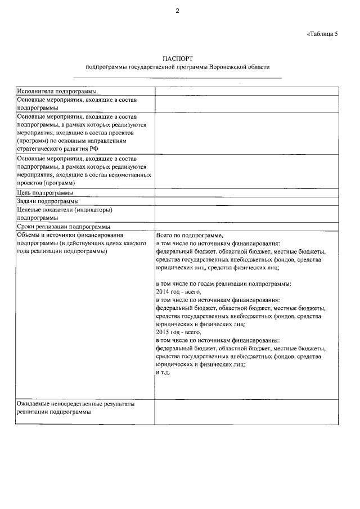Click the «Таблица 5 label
point(322,34)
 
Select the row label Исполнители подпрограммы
point(56,91)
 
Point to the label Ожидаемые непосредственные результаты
point(76,404)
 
